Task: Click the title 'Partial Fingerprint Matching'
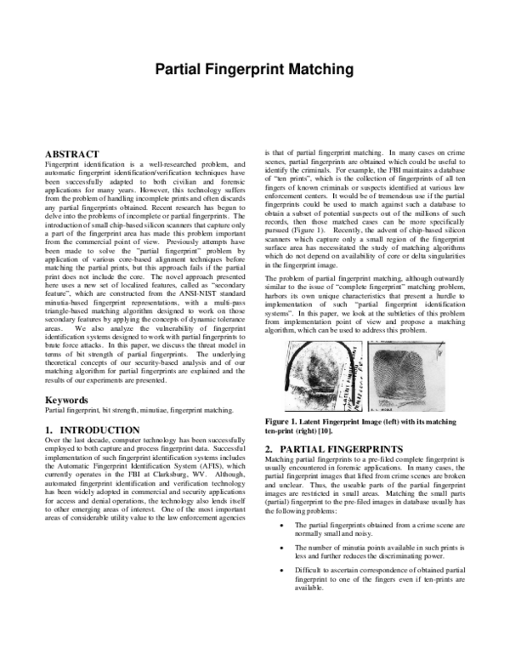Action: click(254, 89)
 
